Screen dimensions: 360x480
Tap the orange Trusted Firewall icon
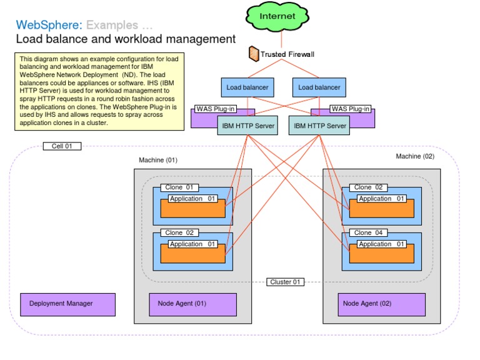[254, 54]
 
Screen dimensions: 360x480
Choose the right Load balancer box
[319, 87]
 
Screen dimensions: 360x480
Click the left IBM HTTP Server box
[247, 126]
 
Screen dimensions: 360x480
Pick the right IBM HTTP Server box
[319, 126]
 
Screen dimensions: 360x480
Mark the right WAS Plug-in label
[350, 109]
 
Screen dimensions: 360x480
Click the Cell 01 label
[61, 146]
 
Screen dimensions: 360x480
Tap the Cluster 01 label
[285, 282]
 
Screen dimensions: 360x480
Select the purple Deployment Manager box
[67, 304]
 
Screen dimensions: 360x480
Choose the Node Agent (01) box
[192, 304]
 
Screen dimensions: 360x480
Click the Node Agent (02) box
[382, 304]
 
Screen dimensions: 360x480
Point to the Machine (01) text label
[158, 160]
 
